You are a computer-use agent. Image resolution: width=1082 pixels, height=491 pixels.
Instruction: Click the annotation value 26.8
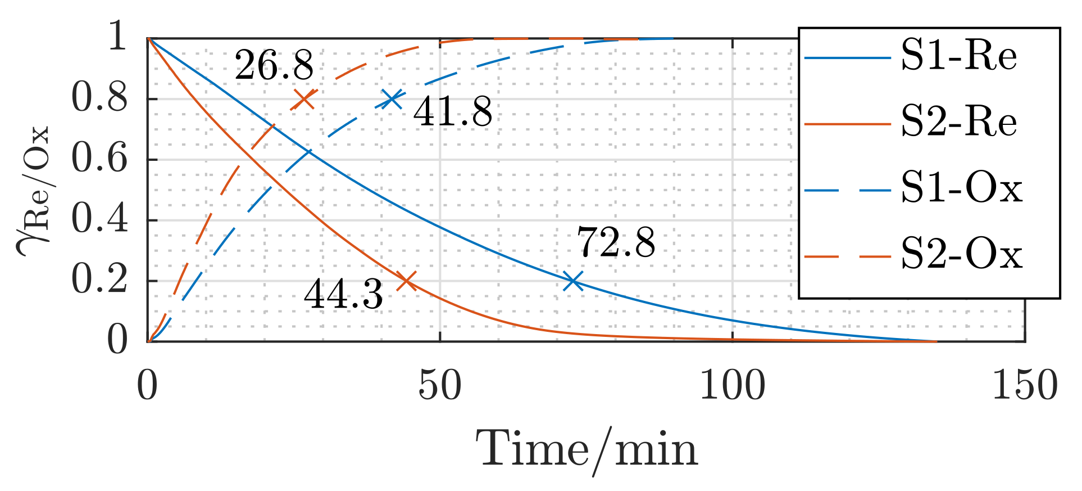(x=274, y=66)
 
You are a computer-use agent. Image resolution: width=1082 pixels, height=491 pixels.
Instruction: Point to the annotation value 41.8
(x=452, y=112)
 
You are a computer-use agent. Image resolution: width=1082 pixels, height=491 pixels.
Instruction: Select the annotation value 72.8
(x=616, y=244)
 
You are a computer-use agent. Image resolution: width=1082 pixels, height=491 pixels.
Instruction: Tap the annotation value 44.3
(x=343, y=295)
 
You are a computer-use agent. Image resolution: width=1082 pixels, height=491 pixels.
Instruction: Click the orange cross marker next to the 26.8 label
(x=304, y=100)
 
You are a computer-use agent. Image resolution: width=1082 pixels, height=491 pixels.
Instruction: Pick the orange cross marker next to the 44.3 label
(x=406, y=281)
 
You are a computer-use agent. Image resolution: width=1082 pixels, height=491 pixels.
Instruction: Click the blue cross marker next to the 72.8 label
(x=572, y=281)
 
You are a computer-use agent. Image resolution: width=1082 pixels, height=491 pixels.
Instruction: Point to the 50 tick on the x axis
(x=440, y=387)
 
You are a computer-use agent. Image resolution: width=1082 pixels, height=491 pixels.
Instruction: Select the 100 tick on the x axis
(x=732, y=387)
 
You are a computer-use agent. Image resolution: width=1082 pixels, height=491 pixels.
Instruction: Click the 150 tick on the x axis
(x=1024, y=387)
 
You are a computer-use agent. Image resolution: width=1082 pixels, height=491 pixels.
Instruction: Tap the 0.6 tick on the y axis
(x=99, y=160)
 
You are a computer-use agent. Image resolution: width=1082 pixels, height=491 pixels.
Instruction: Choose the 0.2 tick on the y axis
(x=99, y=281)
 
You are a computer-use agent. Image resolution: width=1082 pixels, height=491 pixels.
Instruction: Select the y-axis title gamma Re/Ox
(x=34, y=191)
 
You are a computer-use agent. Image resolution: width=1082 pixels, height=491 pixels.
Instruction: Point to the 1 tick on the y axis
(x=117, y=38)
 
